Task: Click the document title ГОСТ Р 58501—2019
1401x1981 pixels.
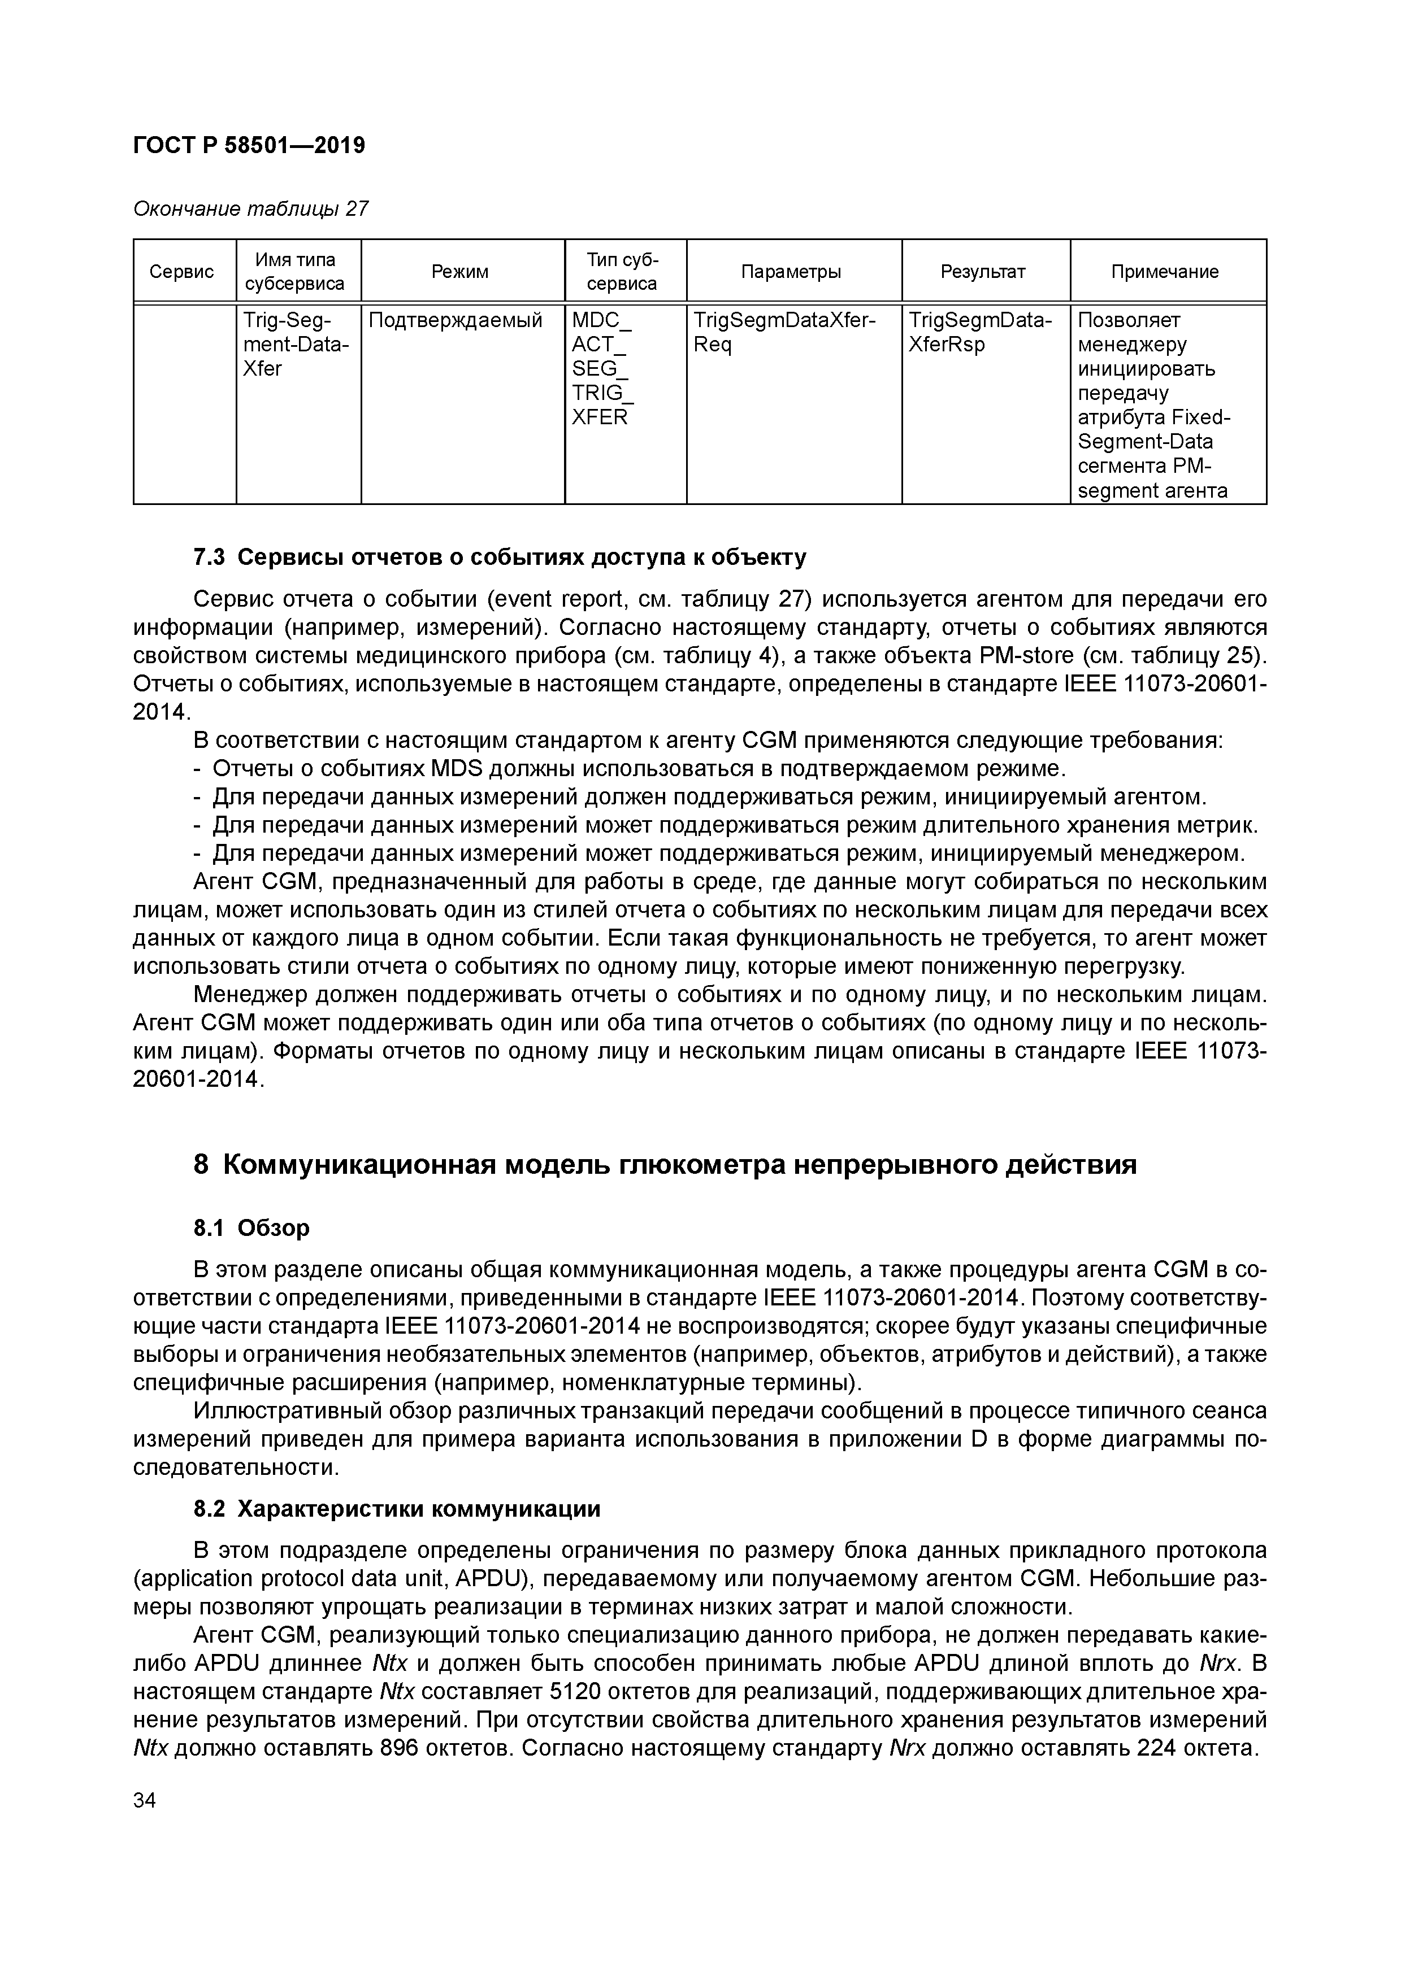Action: point(249,146)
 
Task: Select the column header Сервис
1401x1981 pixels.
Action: point(181,272)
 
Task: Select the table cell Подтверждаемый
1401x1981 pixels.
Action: point(456,321)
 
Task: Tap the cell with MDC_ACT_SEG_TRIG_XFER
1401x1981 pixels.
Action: point(602,368)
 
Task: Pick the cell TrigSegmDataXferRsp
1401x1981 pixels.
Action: point(980,332)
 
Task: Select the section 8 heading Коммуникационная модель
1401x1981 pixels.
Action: point(665,1165)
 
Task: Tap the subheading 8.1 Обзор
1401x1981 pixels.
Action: point(251,1228)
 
